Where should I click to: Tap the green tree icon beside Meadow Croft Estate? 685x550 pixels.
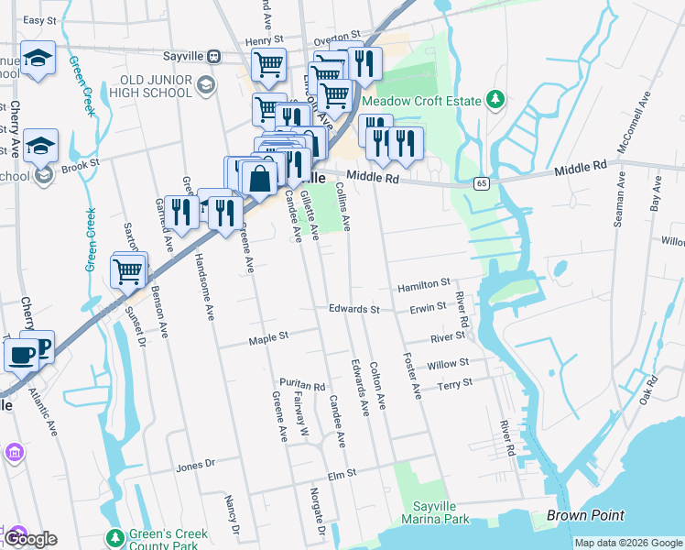coord(495,99)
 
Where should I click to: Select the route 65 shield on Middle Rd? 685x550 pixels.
coord(481,184)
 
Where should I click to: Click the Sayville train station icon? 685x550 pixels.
coord(213,56)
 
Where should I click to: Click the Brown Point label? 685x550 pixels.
coord(585,516)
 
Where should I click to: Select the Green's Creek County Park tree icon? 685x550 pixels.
coord(114,537)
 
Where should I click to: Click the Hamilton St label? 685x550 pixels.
coord(424,287)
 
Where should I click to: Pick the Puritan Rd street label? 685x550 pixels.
coord(302,385)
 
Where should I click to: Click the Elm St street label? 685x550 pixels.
coord(341,475)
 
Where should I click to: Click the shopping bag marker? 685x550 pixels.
coord(260,178)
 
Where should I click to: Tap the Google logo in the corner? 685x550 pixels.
coord(29,539)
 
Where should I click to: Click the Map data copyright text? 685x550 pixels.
coord(628,543)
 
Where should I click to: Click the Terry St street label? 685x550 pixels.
coord(454,383)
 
